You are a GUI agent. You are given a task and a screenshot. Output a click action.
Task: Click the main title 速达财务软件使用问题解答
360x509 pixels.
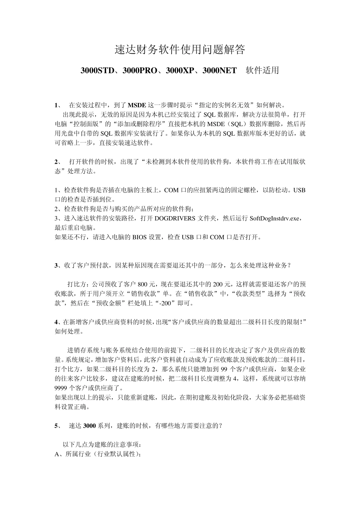[x=180, y=50]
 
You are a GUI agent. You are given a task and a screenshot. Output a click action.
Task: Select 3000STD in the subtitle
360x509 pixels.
[x=97, y=70]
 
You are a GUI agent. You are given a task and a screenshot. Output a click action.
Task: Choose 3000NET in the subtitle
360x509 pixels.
[x=219, y=70]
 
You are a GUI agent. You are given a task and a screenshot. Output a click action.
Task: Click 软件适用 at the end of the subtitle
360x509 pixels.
[x=262, y=70]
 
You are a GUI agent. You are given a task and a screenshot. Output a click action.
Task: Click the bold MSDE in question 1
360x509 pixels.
[x=137, y=105]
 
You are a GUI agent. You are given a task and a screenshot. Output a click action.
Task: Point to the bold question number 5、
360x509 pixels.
[x=58, y=426]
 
